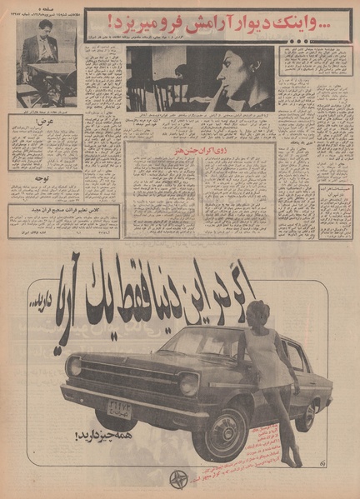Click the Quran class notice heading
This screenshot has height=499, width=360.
63,211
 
